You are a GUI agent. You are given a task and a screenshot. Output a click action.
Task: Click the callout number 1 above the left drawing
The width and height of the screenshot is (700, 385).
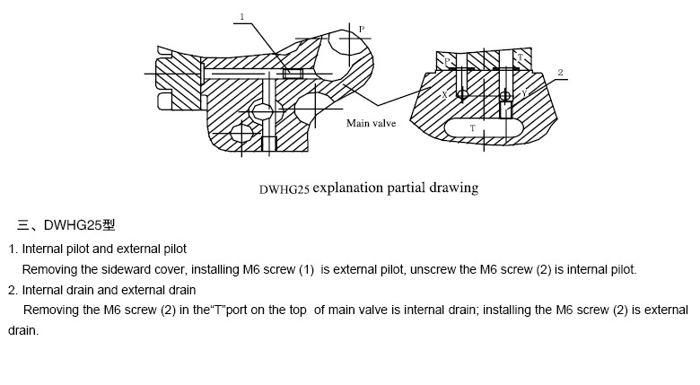tap(241, 15)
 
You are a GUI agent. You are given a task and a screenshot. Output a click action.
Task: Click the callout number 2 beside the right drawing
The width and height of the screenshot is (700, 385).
tap(560, 71)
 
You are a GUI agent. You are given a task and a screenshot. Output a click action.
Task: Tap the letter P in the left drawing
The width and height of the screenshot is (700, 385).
tap(361, 30)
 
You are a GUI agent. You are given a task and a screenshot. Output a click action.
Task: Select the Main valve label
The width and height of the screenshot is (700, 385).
tap(372, 123)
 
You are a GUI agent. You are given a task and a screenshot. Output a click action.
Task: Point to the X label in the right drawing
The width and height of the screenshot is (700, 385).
tap(444, 92)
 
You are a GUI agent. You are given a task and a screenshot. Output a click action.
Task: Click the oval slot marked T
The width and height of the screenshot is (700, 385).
tap(472, 128)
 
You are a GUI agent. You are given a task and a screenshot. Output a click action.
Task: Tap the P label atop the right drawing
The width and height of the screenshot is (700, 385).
tap(448, 61)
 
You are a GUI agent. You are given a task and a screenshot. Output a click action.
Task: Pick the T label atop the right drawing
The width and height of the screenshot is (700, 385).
tap(521, 57)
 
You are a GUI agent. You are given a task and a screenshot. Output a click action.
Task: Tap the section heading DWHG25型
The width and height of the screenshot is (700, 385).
tap(79, 224)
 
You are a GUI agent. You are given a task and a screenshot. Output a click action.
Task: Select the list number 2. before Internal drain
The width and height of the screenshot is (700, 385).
tap(13, 290)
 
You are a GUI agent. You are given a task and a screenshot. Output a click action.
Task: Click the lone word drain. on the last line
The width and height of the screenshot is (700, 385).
tap(23, 330)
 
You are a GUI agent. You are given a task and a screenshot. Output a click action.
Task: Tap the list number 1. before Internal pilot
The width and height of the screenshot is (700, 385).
tap(13, 249)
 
